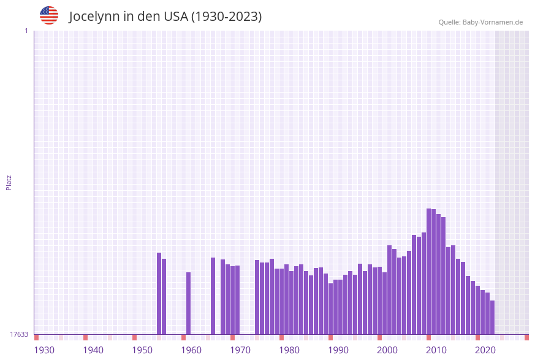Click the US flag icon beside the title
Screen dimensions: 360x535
(x=49, y=15)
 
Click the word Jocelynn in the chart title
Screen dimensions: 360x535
(x=94, y=17)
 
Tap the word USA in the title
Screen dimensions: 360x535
(x=175, y=17)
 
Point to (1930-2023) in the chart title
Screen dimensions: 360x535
(x=227, y=17)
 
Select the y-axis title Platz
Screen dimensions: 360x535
(x=9, y=182)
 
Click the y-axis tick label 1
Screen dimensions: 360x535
(x=26, y=31)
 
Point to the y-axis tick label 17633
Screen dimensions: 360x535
(x=19, y=334)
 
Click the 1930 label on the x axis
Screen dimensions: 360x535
(x=44, y=350)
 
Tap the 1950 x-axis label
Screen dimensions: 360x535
(x=142, y=350)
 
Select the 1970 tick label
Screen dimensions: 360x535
(x=240, y=350)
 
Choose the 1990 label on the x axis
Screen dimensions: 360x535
(x=338, y=350)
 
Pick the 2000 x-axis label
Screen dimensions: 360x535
(x=387, y=350)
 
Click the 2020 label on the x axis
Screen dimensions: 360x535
(x=485, y=350)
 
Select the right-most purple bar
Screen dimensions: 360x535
(x=492, y=317)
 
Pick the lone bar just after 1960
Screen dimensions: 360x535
(x=188, y=303)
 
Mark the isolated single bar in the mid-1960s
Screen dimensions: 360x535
(x=213, y=296)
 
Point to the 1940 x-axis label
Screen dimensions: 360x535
(x=93, y=350)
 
